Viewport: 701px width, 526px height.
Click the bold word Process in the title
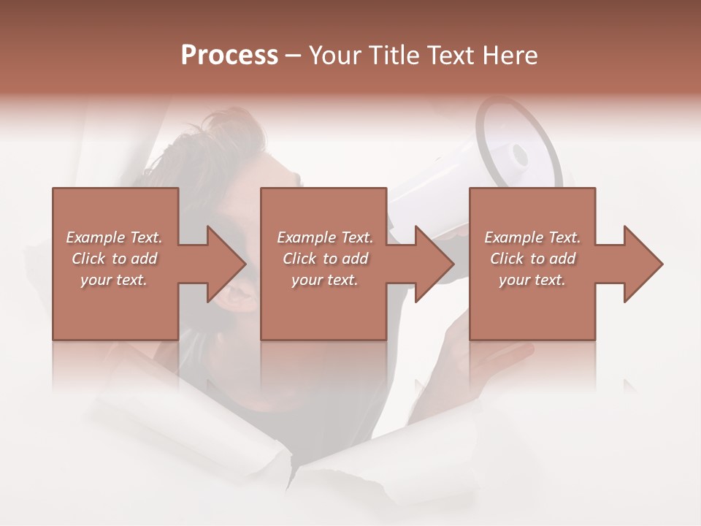point(229,56)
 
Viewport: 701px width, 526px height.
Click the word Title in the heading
point(393,56)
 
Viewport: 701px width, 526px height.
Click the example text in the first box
point(114,259)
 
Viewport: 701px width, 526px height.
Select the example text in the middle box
point(324,259)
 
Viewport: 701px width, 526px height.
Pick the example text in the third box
point(532,259)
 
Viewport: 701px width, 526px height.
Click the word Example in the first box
point(95,237)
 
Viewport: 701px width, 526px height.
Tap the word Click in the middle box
point(299,259)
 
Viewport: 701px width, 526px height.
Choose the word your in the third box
point(514,280)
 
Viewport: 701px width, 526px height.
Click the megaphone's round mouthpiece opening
point(520,155)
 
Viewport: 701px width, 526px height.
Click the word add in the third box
point(562,259)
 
